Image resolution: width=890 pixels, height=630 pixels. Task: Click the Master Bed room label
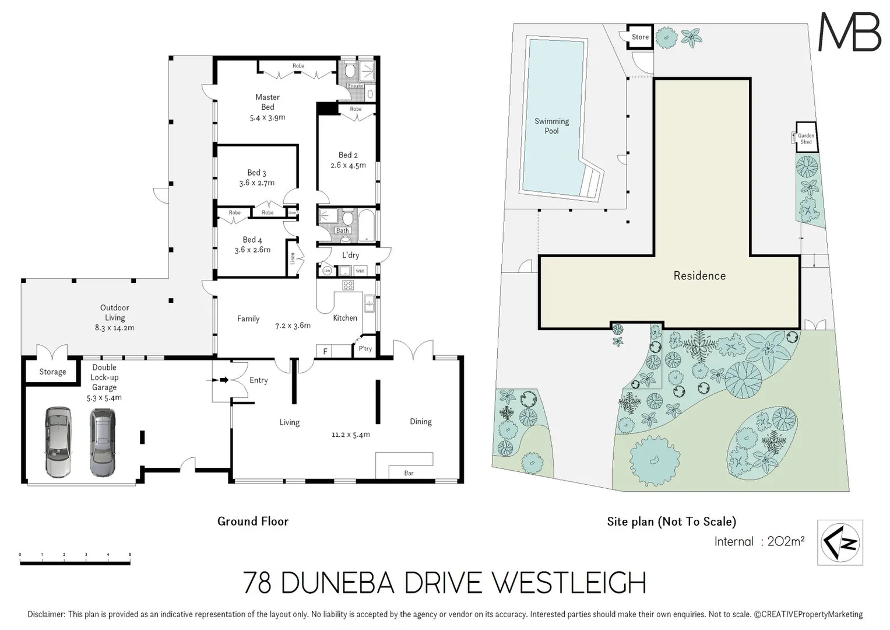point(268,102)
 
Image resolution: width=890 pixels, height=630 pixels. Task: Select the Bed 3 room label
point(256,173)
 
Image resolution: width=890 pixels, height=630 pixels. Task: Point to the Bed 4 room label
point(252,240)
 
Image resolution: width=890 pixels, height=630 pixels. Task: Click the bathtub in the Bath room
point(365,226)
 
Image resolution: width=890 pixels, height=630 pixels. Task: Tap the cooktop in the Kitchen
point(348,285)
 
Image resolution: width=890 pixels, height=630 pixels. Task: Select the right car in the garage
point(103,442)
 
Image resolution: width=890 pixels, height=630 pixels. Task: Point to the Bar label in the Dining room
point(409,473)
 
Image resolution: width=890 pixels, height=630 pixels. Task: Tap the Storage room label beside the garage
point(52,372)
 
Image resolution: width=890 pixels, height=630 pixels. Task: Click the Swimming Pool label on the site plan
point(551,126)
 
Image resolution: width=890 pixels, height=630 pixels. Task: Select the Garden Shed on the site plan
point(805,138)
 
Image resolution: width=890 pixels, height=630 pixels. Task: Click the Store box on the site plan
point(640,37)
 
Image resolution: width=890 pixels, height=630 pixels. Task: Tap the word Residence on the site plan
point(699,276)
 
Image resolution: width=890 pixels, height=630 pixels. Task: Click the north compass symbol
point(840,542)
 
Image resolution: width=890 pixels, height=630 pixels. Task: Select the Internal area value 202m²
point(786,541)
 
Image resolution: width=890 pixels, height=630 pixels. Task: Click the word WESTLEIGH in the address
point(569,583)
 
